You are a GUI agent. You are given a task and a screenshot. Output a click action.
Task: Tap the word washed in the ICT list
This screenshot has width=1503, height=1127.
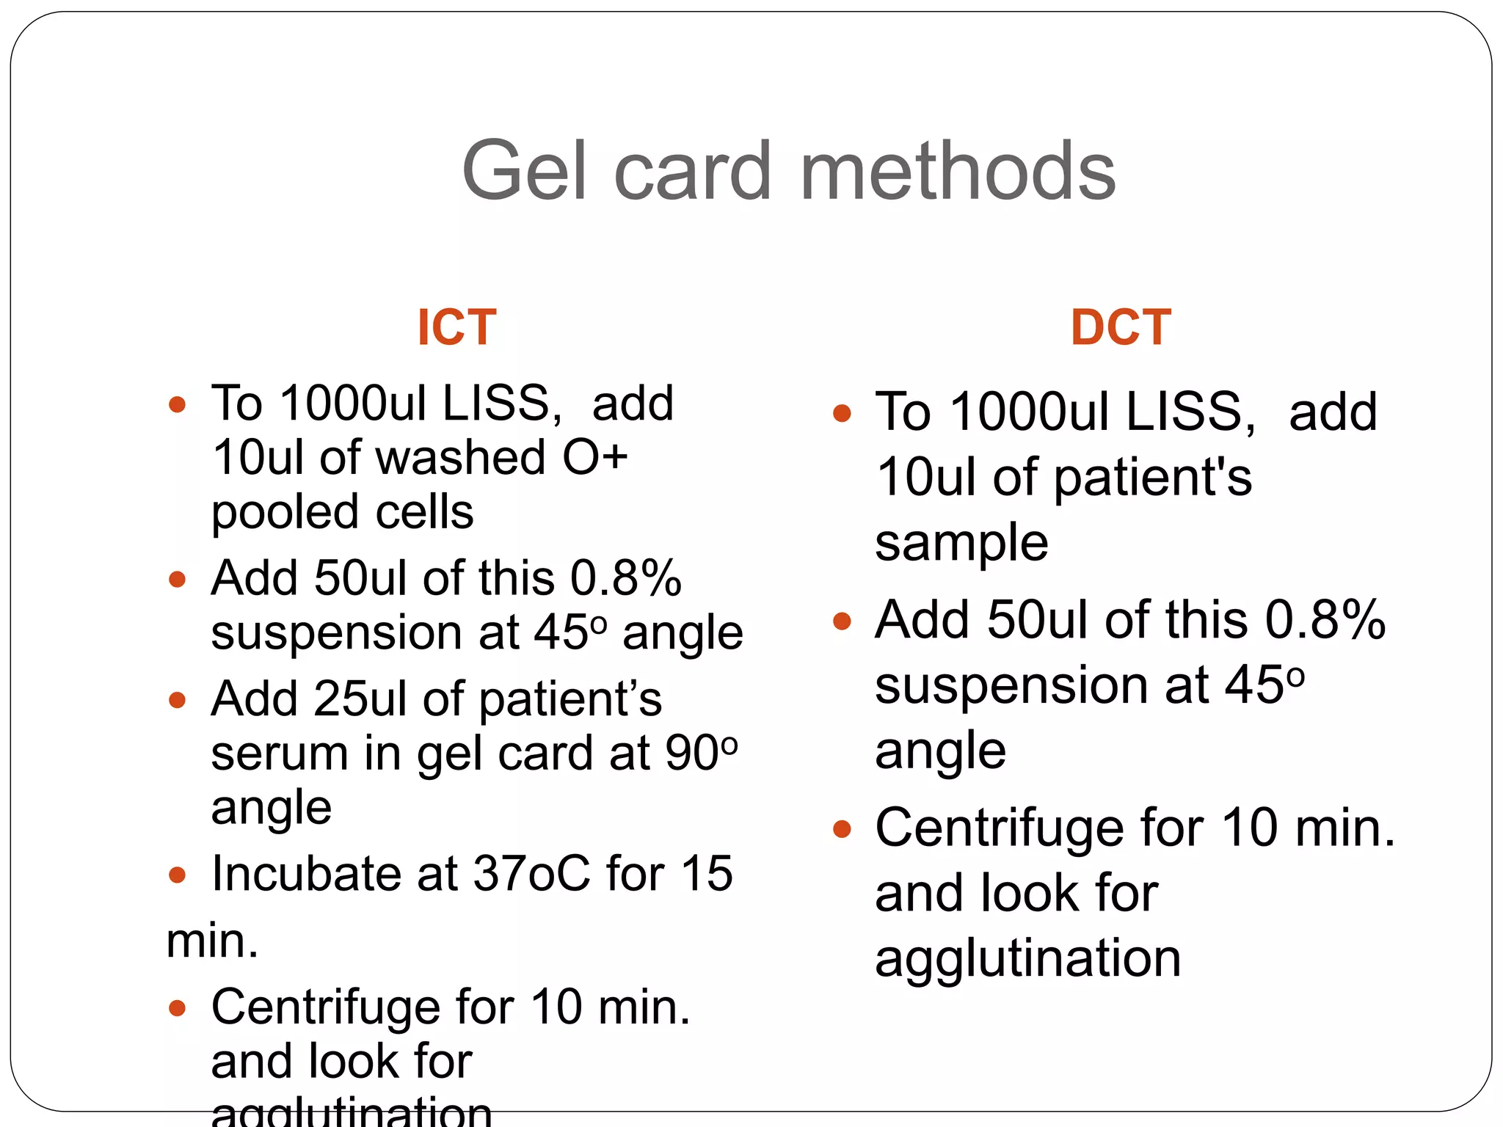coord(460,457)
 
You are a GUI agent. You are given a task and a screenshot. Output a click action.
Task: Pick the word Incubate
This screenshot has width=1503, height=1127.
coord(305,873)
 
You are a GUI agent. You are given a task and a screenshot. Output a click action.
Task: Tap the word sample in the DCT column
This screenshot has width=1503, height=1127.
coord(961,543)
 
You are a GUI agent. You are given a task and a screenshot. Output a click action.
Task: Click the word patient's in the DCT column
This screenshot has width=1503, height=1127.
coord(1153,477)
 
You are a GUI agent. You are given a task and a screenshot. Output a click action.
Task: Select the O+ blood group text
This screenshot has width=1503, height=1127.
coord(595,457)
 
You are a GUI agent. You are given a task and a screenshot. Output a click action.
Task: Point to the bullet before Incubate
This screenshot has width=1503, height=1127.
coord(177,874)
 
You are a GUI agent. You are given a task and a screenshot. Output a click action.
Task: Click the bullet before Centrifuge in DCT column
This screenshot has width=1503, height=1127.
coord(842,830)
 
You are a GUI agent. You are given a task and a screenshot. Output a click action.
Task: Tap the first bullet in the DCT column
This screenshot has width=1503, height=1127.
coord(842,413)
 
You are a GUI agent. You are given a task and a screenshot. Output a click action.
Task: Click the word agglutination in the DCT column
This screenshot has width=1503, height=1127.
coord(1027,958)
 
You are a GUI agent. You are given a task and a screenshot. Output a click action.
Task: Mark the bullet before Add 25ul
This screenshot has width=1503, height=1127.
coord(177,699)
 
